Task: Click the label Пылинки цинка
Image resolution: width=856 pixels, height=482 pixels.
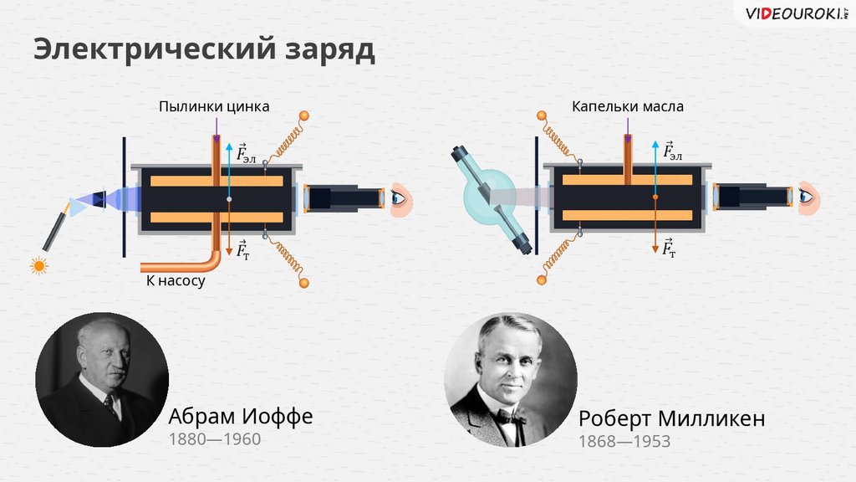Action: point(214,107)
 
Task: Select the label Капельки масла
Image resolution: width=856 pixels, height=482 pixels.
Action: point(627,107)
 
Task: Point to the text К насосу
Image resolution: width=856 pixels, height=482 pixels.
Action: point(175,282)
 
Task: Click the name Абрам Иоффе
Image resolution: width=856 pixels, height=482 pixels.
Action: point(241,416)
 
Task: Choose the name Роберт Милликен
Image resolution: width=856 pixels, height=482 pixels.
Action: point(671,418)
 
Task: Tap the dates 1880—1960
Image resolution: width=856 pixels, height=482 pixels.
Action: point(215,439)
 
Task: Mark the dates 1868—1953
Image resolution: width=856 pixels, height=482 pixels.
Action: point(624,441)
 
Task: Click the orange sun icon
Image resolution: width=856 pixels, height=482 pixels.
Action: point(38,266)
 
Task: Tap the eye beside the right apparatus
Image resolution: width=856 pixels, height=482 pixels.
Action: point(807,196)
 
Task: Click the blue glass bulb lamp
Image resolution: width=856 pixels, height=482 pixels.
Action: point(489,198)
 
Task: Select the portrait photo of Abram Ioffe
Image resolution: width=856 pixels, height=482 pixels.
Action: point(102,380)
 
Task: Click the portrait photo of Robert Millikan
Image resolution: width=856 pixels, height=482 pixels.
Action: point(510,380)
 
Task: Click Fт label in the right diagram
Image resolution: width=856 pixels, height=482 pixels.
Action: point(668,248)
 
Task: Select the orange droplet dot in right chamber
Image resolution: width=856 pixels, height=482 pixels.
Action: point(655,197)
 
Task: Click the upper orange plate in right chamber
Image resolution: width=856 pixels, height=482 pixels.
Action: point(627,180)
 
